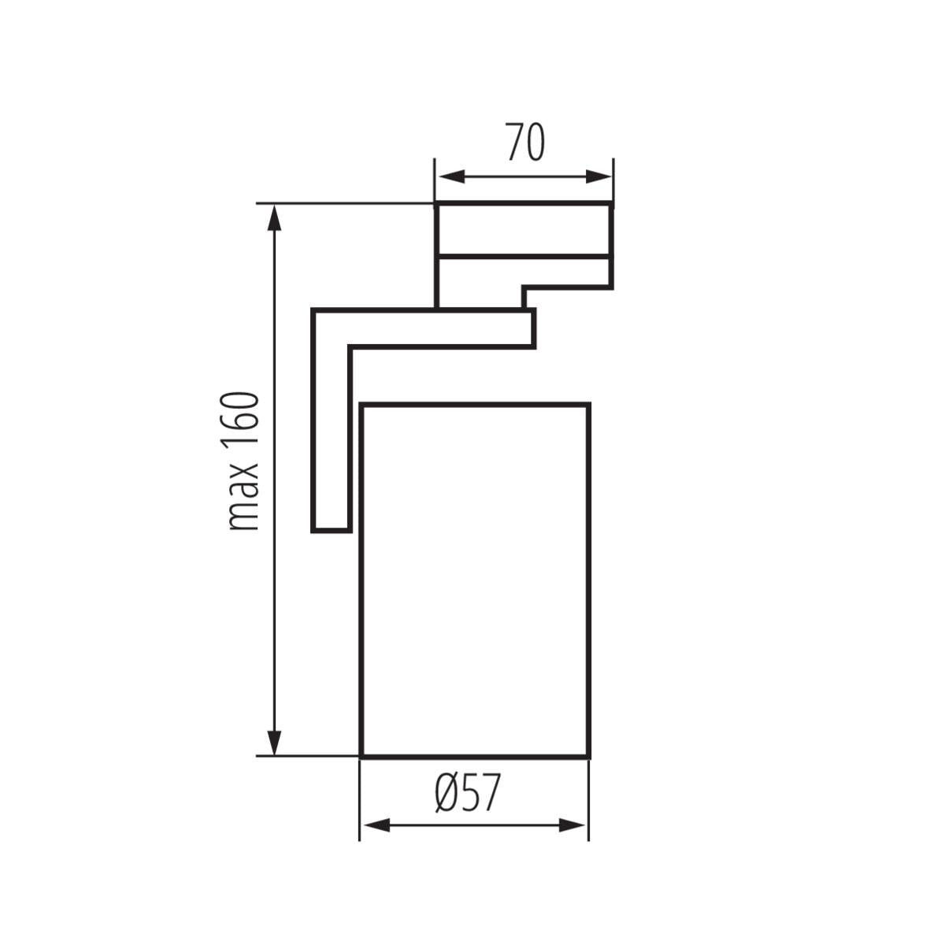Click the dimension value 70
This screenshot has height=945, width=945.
525,142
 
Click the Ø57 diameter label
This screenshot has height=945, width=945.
468,793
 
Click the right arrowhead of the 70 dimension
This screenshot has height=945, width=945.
598,176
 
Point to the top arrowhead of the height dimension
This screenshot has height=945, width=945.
274,217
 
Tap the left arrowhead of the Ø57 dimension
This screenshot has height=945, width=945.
376,825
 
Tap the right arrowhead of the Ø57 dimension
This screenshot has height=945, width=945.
573,825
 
